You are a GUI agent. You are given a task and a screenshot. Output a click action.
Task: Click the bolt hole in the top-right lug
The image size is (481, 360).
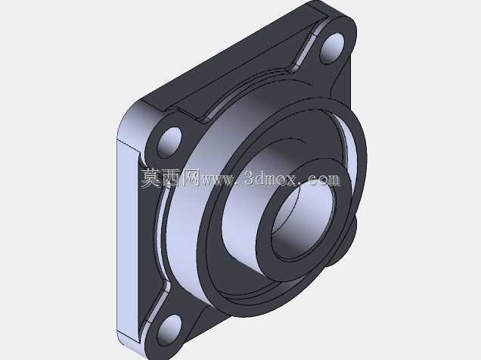[332, 48]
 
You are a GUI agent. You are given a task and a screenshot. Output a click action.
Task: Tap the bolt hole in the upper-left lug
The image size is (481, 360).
[169, 143]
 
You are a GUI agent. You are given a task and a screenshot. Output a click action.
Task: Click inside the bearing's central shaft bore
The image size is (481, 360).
[303, 219]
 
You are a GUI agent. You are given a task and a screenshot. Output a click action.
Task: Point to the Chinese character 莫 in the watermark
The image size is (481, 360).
[151, 178]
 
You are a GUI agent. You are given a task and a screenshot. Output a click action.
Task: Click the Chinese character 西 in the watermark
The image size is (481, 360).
[171, 178]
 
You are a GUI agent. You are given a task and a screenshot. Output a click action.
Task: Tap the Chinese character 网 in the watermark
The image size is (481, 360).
[191, 178]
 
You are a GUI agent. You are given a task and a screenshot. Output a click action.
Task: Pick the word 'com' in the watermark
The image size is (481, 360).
[324, 180]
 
